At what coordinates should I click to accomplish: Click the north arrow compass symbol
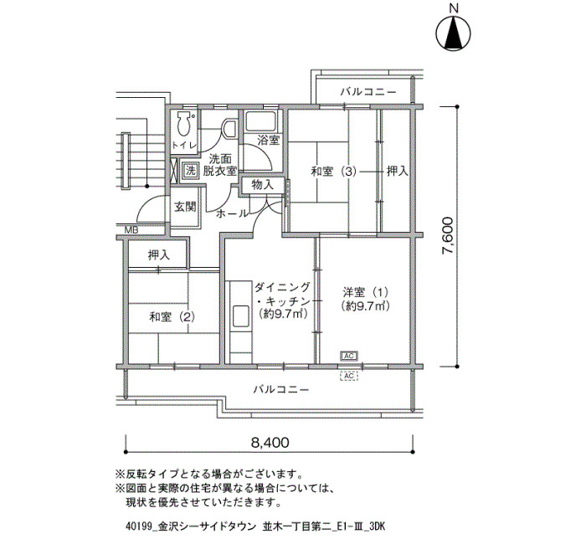click(454, 33)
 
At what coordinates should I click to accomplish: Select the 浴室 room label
click(269, 141)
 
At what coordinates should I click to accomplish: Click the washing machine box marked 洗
click(191, 172)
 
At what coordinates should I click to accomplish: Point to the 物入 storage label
click(262, 185)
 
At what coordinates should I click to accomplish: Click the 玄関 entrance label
click(185, 207)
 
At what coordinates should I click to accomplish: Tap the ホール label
click(232, 213)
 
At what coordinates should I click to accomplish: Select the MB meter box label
click(131, 230)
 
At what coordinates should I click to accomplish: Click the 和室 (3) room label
click(333, 172)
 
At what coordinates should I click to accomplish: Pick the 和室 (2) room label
click(172, 317)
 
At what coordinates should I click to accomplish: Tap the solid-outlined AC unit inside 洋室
click(349, 356)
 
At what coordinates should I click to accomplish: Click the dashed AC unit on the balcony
click(349, 376)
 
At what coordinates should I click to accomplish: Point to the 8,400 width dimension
click(270, 443)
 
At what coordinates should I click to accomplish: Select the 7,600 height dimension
click(448, 236)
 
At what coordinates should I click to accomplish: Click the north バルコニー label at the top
click(368, 91)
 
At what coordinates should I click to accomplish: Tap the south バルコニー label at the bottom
click(281, 390)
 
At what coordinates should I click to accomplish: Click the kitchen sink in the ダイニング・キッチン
click(241, 316)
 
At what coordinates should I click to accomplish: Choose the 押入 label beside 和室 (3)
click(397, 172)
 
